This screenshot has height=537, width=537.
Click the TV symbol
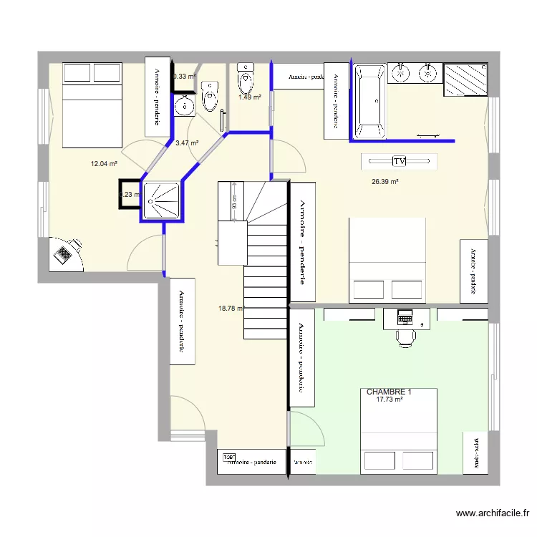click(400, 162)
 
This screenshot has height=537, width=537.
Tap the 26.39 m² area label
click(384, 182)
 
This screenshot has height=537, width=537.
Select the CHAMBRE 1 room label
click(389, 392)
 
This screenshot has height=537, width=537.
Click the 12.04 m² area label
click(103, 164)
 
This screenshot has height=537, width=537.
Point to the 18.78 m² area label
click(231, 309)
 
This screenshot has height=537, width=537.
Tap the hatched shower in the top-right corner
click(466, 79)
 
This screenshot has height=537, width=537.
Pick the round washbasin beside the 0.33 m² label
click(185, 106)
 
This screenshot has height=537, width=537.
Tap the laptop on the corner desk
click(65, 254)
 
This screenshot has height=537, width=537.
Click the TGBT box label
click(229, 457)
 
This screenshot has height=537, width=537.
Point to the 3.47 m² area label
click(186, 143)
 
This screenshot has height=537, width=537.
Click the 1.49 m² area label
click(249, 97)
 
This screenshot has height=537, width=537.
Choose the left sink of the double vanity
click(402, 71)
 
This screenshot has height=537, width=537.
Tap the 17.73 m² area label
click(389, 400)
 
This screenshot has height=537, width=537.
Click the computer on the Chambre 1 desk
click(406, 316)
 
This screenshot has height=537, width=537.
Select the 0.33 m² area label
click(184, 76)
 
